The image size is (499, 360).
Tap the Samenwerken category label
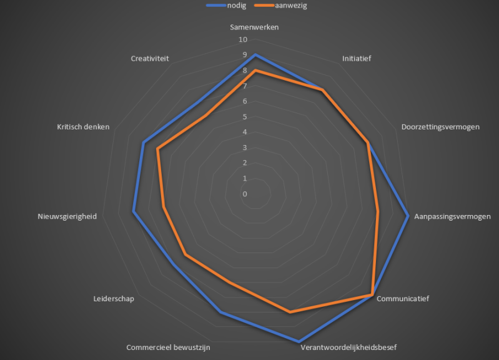(x=254, y=27)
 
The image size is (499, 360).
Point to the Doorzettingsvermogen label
(x=440, y=127)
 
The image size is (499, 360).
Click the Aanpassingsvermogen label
(x=453, y=217)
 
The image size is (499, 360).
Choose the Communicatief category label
(x=403, y=299)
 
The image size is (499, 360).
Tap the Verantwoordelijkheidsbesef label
(x=348, y=347)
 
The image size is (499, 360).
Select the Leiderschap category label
(x=113, y=299)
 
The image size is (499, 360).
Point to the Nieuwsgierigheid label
(x=67, y=217)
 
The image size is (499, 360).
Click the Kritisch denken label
(x=83, y=127)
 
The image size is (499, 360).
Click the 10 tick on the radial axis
(x=242, y=40)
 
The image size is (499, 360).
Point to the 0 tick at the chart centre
(x=245, y=194)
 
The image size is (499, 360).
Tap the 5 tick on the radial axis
(x=245, y=117)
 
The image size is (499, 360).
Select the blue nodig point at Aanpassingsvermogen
(x=408, y=216)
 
